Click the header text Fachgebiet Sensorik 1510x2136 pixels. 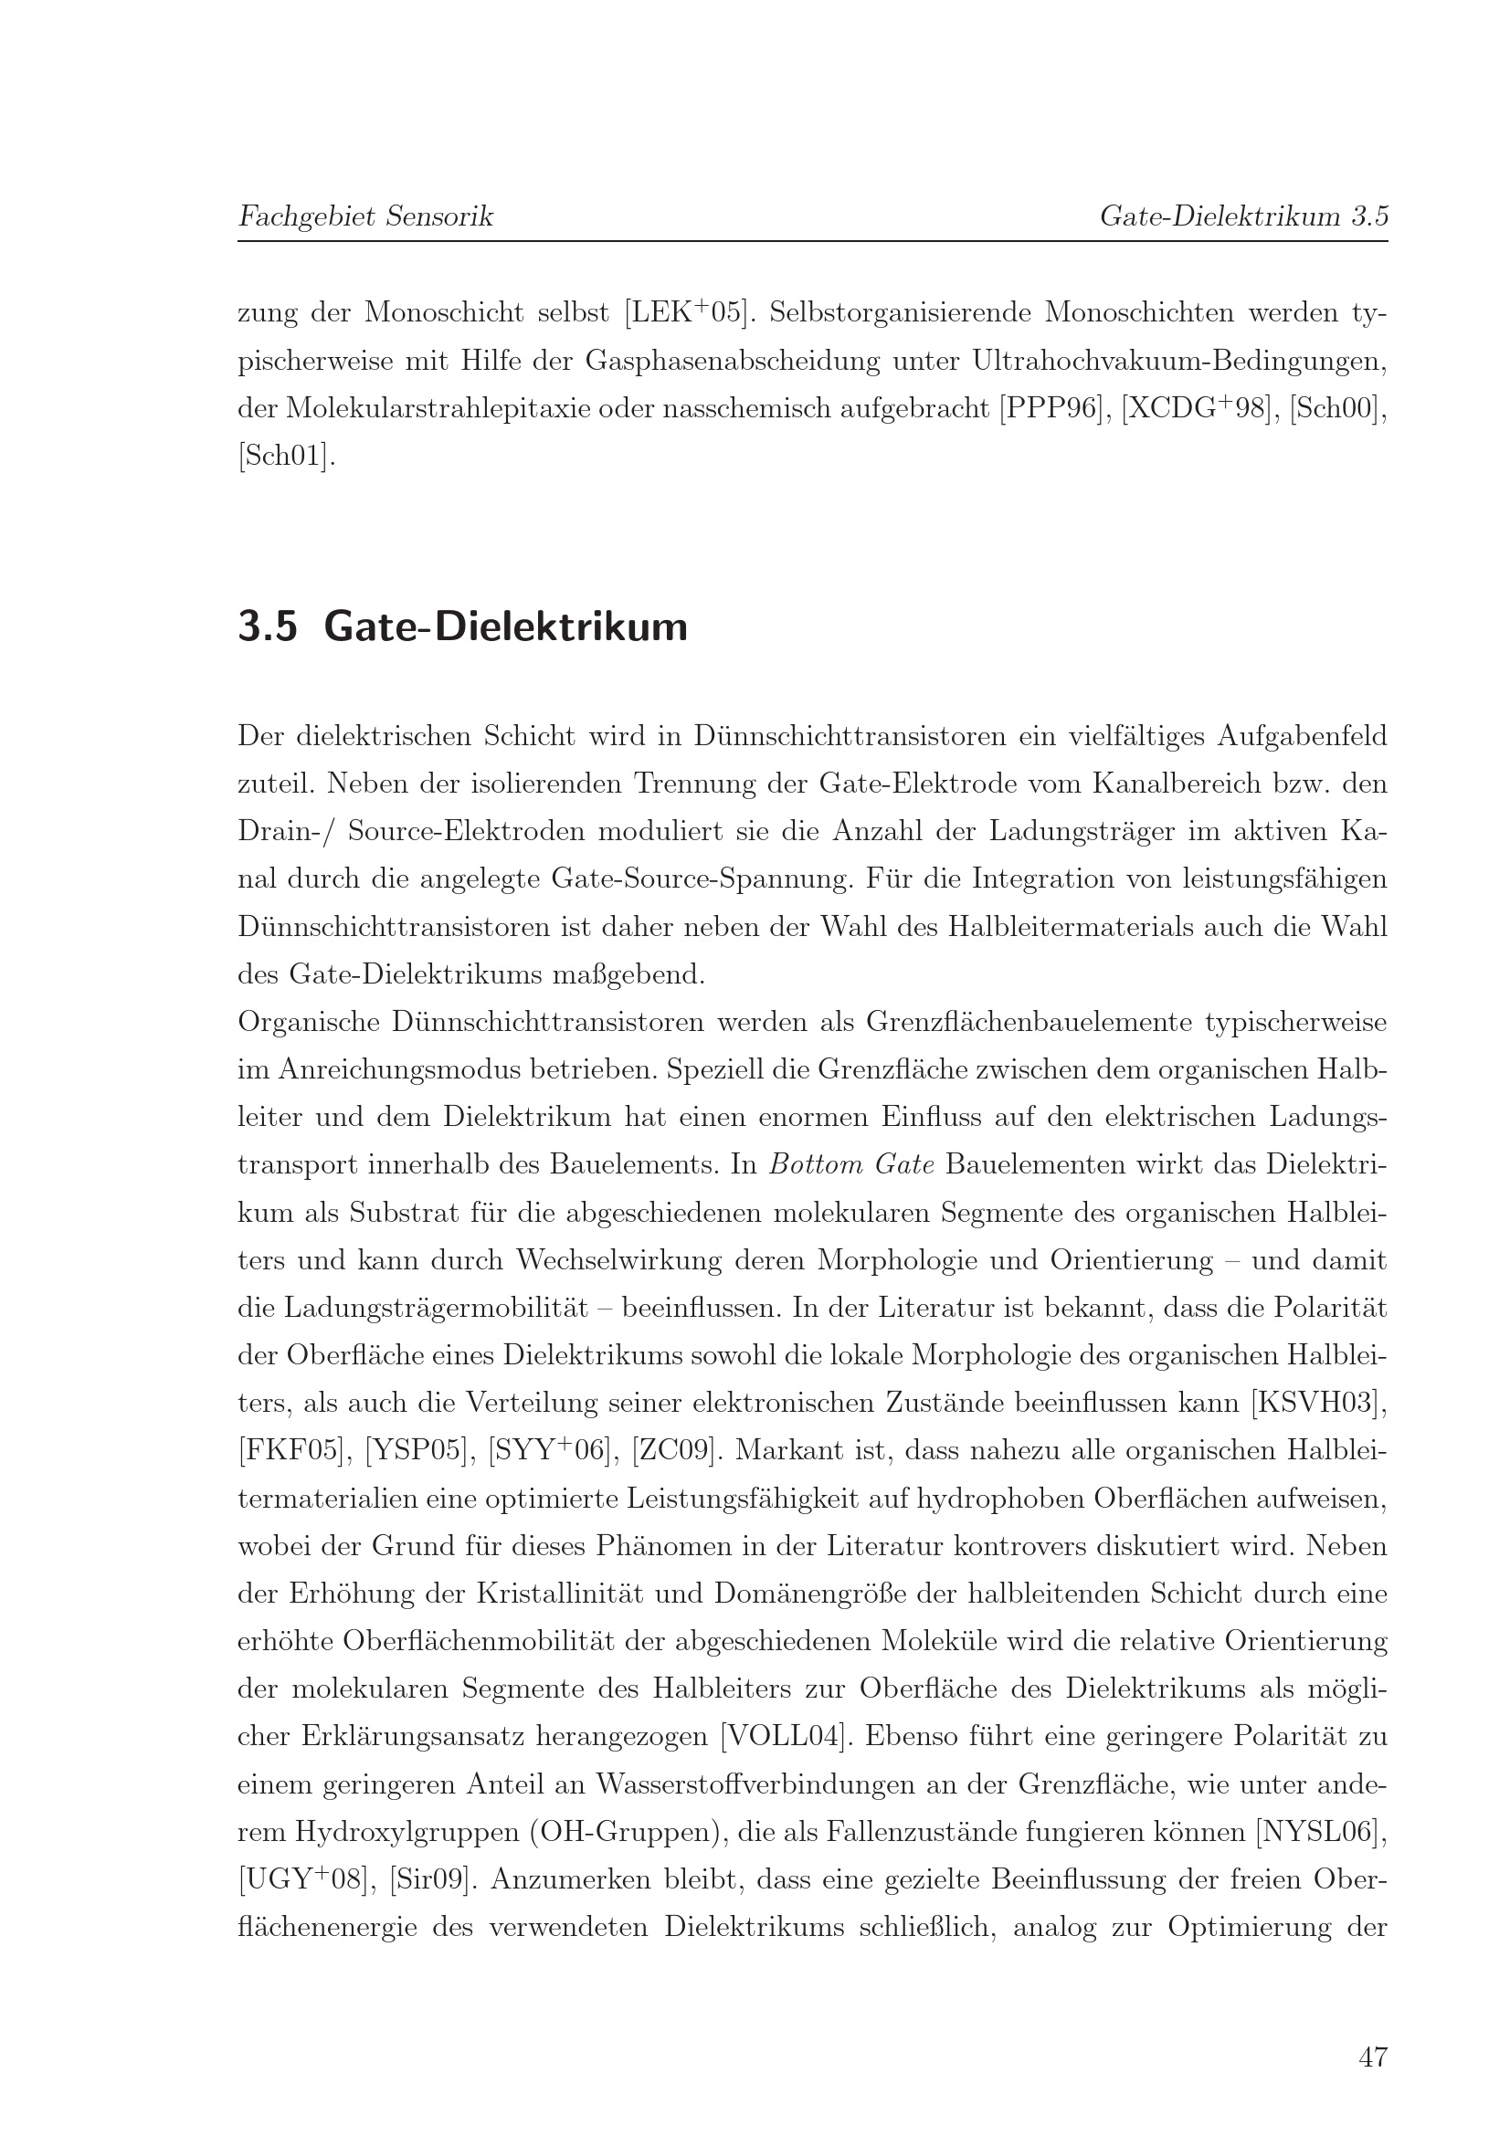(x=365, y=216)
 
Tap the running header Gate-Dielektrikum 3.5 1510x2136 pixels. (x=1243, y=216)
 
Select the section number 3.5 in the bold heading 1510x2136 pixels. (x=268, y=627)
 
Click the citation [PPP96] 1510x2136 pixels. (x=1053, y=408)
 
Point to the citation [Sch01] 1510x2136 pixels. (x=287, y=457)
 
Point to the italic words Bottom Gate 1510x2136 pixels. (x=851, y=1164)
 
